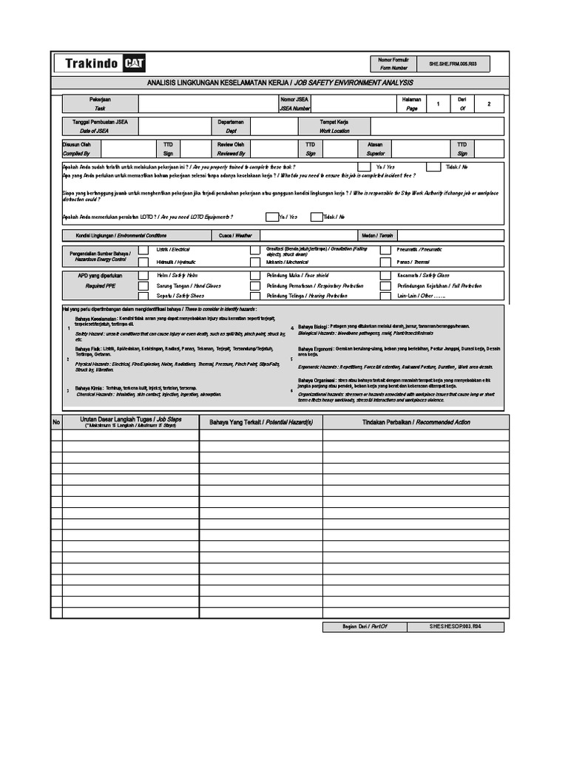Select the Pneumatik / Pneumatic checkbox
[386, 250]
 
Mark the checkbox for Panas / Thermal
[386, 262]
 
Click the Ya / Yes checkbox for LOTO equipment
[271, 217]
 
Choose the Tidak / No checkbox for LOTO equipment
[316, 217]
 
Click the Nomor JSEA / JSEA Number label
[295, 103]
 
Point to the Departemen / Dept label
[231, 125]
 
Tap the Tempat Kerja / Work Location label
[334, 125]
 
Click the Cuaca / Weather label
[235, 235]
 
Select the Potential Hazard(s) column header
[260, 422]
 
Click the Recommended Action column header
[416, 422]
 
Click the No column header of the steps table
[55, 422]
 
